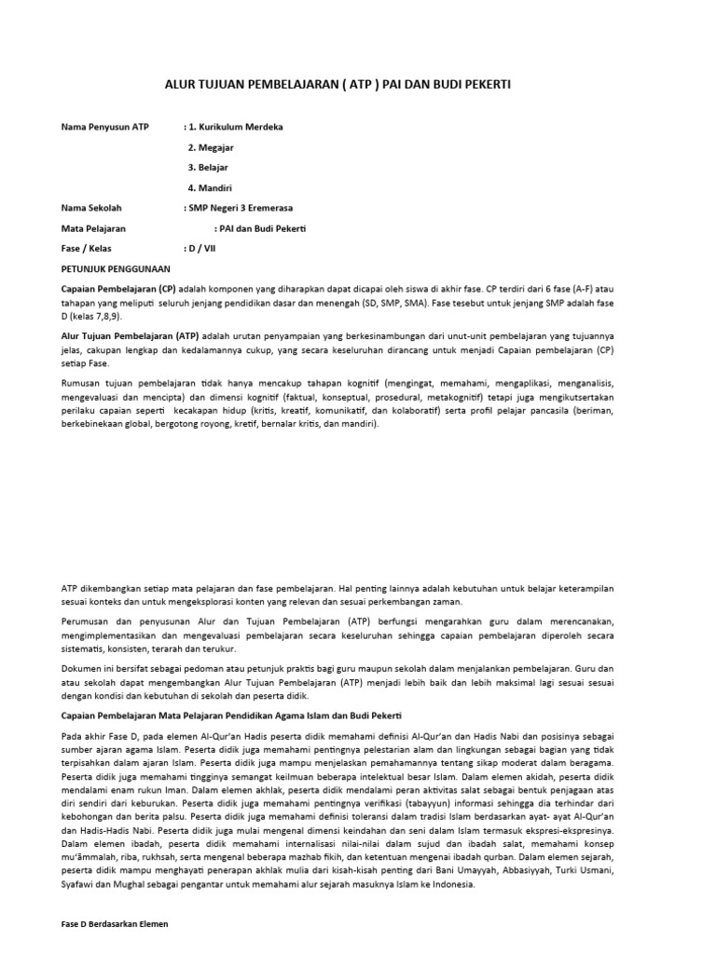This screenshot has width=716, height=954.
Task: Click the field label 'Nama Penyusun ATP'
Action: [104, 126]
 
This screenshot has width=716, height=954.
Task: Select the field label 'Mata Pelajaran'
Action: [93, 228]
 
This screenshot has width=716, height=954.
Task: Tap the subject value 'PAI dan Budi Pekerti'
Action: [265, 228]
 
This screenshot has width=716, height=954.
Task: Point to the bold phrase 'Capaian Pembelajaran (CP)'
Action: [118, 290]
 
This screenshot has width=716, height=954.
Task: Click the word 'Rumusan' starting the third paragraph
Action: [82, 382]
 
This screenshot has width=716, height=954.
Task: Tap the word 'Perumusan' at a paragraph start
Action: [87, 620]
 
